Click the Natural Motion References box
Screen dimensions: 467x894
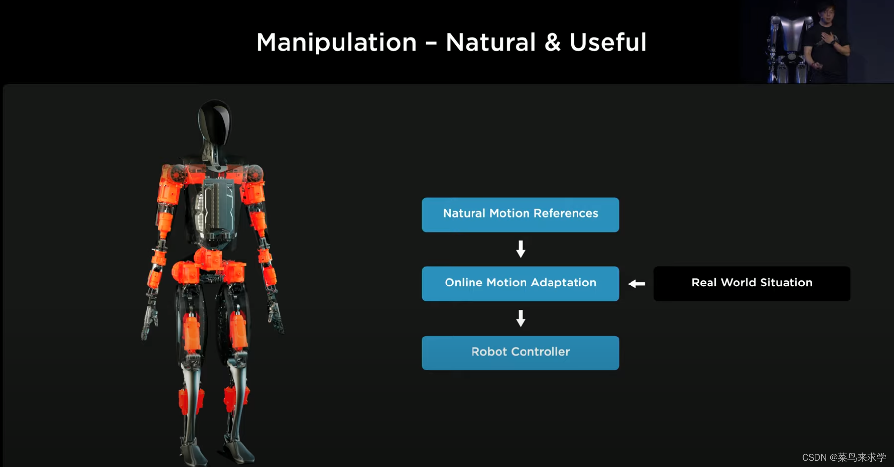(x=520, y=214)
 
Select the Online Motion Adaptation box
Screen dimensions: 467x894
(x=520, y=284)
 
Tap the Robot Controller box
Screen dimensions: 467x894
(x=520, y=353)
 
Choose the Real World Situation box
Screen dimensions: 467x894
(x=751, y=284)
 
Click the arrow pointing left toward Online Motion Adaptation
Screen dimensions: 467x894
(x=636, y=284)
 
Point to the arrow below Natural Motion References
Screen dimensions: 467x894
(x=521, y=249)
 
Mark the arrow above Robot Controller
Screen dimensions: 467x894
(x=521, y=318)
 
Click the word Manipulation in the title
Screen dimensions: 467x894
(x=336, y=42)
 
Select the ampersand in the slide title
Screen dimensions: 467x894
(x=552, y=42)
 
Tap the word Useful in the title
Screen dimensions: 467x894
(x=607, y=42)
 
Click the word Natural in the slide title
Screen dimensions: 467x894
(x=490, y=42)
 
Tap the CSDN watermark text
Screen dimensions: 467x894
(x=844, y=457)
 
